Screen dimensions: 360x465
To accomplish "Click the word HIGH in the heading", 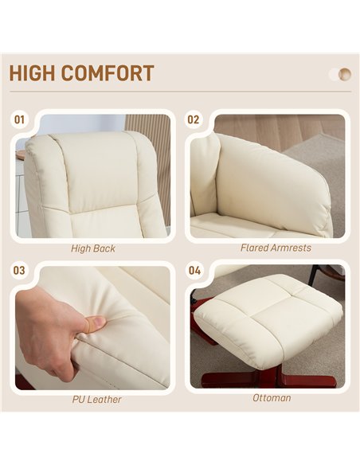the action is (32, 73).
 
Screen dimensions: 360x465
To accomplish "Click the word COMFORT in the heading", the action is (108, 73).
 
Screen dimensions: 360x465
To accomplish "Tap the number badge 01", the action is (19, 119).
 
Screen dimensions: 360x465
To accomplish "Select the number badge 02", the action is (193, 119).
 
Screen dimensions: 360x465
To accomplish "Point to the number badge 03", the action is (19, 271).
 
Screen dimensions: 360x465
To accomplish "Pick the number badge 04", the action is (194, 271).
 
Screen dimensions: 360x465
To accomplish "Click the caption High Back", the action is (93, 248).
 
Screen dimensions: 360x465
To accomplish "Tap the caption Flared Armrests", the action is (276, 248).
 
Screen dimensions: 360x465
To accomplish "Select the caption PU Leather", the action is (96, 399).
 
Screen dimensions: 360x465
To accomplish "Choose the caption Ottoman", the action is (272, 397).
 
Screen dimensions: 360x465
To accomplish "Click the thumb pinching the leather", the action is (93, 324).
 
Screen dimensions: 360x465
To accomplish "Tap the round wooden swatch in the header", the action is (345, 74).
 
